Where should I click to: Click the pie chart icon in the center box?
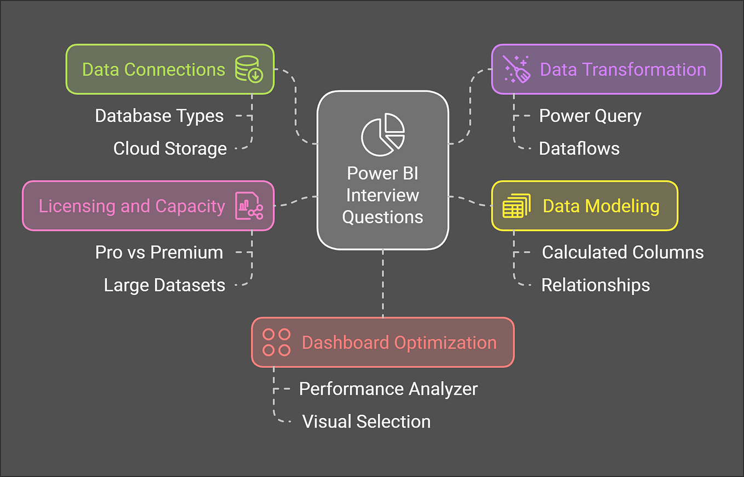382,134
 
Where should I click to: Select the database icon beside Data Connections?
249,70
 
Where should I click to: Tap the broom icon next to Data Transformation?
517,70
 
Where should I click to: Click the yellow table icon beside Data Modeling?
516,206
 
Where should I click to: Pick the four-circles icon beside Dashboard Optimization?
276,343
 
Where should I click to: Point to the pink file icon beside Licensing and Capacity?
249,206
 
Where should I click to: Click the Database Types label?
159,116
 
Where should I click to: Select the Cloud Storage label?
170,149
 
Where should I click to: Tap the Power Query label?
590,116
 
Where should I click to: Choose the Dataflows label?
579,149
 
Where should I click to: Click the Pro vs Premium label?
159,252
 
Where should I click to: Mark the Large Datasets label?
164,285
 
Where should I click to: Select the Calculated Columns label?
623,252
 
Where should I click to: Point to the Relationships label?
596,285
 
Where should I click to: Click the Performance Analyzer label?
388,389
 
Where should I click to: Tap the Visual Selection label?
366,422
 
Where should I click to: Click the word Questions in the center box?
382,217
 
